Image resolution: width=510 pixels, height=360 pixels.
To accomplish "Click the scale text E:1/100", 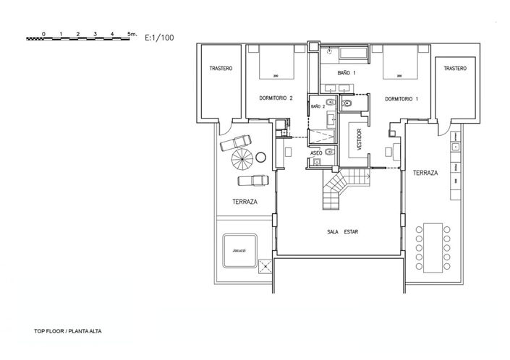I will point(158,35).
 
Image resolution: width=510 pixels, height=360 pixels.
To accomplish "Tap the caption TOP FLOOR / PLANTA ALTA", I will point(70,333).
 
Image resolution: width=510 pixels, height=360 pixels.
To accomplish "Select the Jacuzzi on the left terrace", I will point(239,251).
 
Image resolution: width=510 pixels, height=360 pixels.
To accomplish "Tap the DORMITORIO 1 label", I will point(401,98).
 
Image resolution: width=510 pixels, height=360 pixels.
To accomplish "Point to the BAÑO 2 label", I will point(317,106).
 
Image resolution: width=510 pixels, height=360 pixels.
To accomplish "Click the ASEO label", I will point(316,153).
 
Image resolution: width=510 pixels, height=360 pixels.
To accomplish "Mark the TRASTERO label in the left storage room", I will point(220,69).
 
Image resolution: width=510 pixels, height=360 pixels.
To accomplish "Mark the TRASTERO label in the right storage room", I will point(455,69).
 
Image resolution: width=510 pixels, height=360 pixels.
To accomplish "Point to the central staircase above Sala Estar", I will point(337,190).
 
